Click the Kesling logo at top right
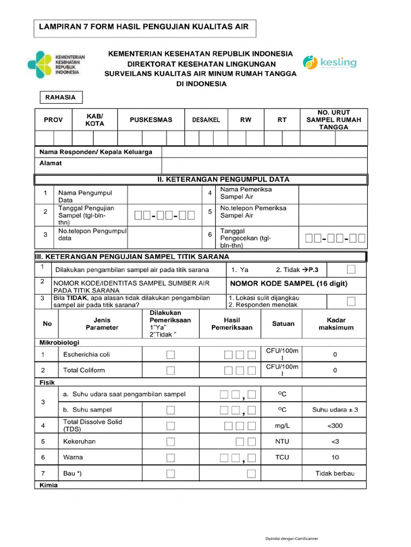tap(329, 62)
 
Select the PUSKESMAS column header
tap(151, 120)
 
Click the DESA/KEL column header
tap(206, 120)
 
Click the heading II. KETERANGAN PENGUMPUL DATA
tap(223, 179)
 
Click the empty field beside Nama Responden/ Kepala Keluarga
tap(264, 152)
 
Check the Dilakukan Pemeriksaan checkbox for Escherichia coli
tap(170, 355)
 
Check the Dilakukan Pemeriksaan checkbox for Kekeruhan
tap(170, 442)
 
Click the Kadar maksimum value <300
tap(335, 426)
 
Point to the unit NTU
tap(282, 442)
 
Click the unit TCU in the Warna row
tap(282, 458)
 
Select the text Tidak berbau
tap(335, 474)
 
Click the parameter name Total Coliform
tap(84, 370)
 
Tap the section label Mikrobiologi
tap(59, 341)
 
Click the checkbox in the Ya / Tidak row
tap(351, 269)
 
